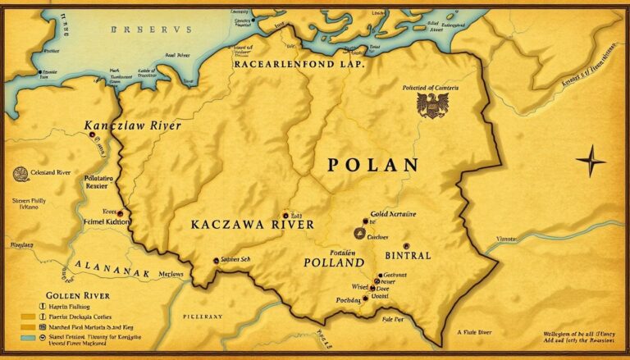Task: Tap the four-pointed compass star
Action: click(591, 161)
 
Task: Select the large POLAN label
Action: click(372, 165)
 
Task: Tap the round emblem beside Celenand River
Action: click(21, 173)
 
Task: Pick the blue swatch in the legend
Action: click(29, 337)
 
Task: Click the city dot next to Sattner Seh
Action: click(216, 260)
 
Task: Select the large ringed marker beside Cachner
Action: click(359, 233)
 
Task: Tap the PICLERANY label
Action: click(202, 316)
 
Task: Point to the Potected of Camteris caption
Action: click(430, 87)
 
